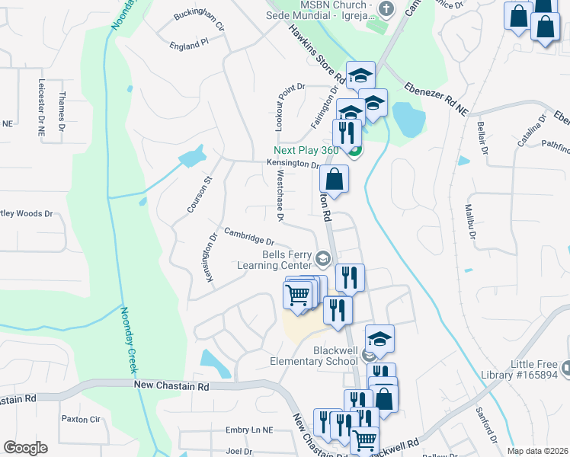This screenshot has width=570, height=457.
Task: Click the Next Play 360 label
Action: pos(306,150)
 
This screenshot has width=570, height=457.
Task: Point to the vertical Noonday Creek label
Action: pos(128,340)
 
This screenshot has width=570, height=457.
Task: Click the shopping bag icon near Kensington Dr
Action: pos(335,180)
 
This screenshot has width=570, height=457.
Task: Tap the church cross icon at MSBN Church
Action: pos(386,9)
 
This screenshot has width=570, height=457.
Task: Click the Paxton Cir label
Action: pos(81,419)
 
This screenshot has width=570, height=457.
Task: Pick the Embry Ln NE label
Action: pos(249,430)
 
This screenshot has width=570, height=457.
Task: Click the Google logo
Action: pos(26,447)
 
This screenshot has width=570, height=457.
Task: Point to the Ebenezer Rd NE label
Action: pos(435,97)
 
